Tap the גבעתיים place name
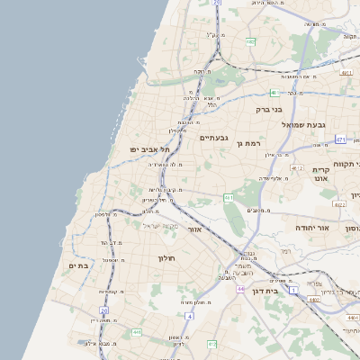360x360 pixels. (214, 138)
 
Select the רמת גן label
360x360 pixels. (248, 143)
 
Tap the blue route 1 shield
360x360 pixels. (292, 291)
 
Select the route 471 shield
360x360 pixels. (340, 140)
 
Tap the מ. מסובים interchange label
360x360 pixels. (260, 211)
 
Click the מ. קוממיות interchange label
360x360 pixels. (109, 292)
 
